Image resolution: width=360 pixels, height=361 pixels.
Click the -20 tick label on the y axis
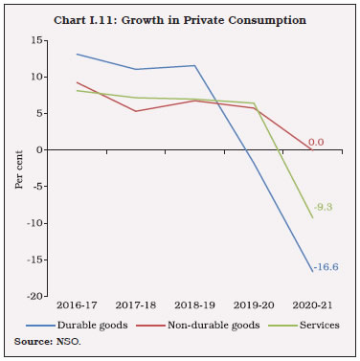[36, 297]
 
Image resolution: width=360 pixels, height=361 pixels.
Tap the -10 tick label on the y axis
[36, 223]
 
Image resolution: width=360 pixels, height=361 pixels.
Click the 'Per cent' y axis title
[19, 169]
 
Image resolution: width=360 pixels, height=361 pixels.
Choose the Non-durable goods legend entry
[205, 326]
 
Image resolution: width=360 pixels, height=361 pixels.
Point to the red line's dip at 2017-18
[135, 111]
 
